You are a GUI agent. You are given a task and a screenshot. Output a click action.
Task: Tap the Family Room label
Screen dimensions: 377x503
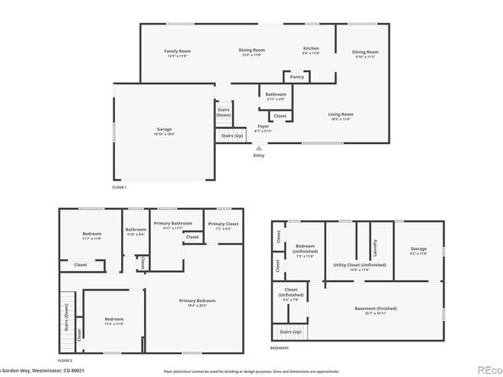pos(177,52)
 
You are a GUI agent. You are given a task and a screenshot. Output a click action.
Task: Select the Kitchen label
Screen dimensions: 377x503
pos(311,49)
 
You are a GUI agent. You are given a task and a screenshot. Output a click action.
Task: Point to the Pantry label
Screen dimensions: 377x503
pos(296,77)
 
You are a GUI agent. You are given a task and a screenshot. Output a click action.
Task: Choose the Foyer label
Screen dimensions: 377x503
pos(263,126)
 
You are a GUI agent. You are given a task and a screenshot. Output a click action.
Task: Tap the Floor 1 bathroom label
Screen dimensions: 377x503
pos(276,94)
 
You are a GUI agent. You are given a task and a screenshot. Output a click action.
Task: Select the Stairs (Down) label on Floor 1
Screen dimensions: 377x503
pos(224,111)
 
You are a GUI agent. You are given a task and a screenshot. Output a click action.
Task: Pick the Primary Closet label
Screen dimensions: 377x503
pos(221,225)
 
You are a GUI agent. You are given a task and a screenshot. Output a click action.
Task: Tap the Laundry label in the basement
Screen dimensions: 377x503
pos(374,247)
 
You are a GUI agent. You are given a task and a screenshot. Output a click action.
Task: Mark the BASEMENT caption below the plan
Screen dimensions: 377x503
pos(279,348)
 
